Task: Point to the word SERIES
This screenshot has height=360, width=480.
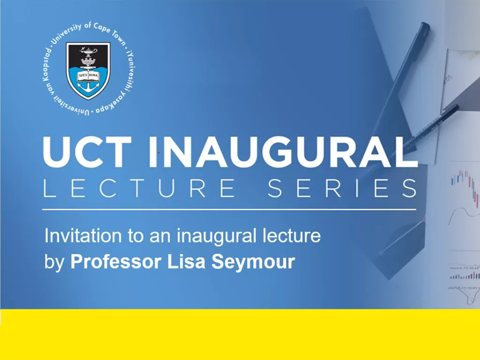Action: (342, 188)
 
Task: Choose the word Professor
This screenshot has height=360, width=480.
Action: (117, 262)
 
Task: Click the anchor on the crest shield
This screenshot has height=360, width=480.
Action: (88, 85)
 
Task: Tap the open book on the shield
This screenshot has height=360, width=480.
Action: (88, 60)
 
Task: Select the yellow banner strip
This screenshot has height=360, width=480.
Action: (240, 334)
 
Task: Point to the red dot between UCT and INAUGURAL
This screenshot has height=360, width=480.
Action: (159, 153)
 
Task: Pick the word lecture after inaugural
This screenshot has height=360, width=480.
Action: (295, 235)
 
